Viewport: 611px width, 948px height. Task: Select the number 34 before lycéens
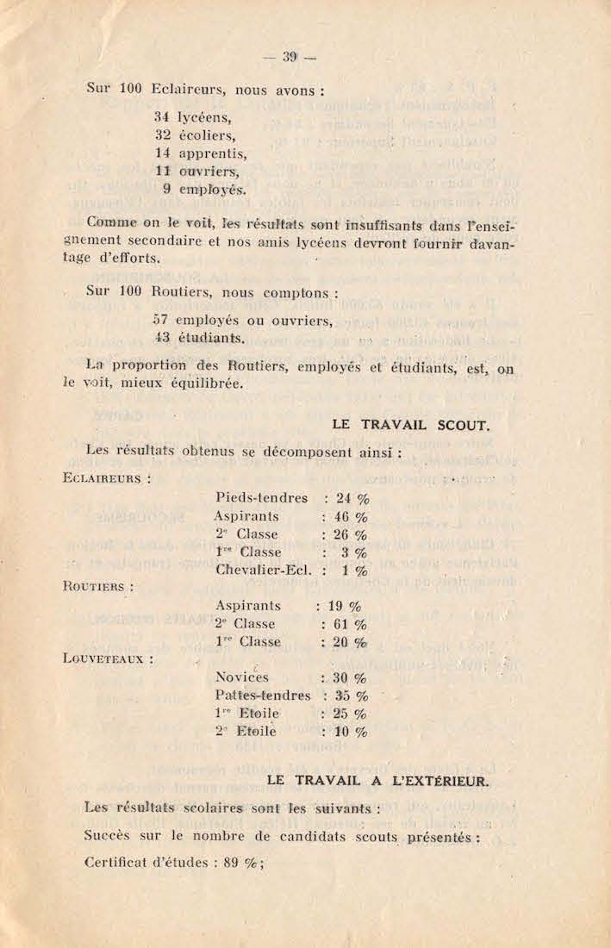pos(161,116)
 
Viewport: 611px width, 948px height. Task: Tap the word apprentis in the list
pos(212,154)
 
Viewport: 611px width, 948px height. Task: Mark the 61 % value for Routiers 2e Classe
pos(350,624)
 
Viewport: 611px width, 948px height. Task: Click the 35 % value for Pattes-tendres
pos(351,695)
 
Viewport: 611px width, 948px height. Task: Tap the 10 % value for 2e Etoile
pos(351,732)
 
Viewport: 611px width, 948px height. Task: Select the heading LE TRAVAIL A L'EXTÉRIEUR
pos(378,781)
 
